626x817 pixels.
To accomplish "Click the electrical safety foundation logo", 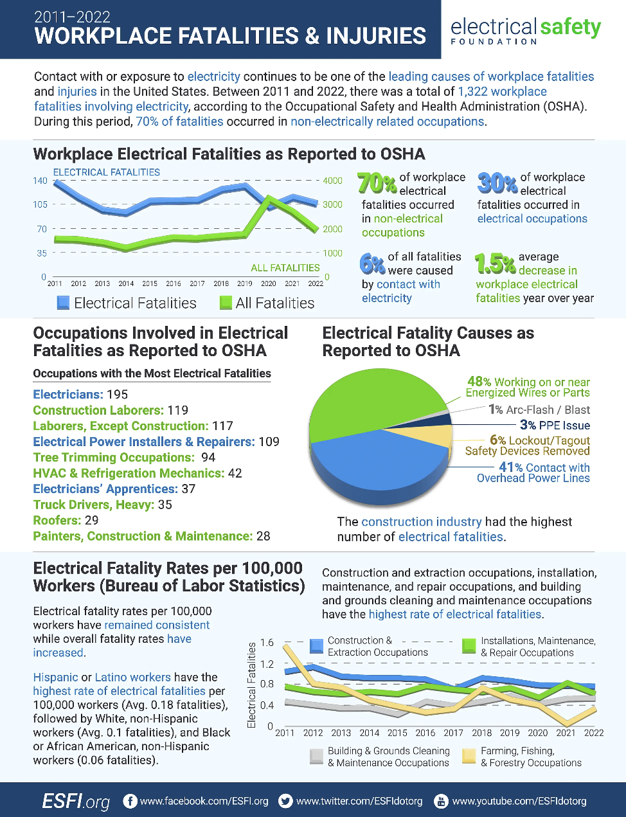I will point(526,30).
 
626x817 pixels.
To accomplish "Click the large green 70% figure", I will point(377,183).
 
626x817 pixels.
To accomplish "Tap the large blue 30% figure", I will point(497,183).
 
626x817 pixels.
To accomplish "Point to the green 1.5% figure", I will point(495,263).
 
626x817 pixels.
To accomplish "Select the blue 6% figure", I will point(372,263).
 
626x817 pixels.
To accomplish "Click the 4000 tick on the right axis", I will point(332,181).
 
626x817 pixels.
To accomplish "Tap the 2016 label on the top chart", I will point(174,283).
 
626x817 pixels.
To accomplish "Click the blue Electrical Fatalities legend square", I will point(63,303).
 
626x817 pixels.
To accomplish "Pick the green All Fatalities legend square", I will point(226,303).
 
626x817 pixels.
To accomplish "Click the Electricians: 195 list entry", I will point(80,395).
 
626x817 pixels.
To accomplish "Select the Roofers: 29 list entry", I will point(66,521).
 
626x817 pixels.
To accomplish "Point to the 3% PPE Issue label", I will point(555,425).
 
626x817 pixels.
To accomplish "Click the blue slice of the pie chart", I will point(379,460).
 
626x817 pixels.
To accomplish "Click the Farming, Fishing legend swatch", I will point(469,756).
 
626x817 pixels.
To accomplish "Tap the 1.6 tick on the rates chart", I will point(267,643).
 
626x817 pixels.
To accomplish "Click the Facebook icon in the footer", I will point(130,801).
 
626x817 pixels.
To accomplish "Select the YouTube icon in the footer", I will point(441,801).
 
